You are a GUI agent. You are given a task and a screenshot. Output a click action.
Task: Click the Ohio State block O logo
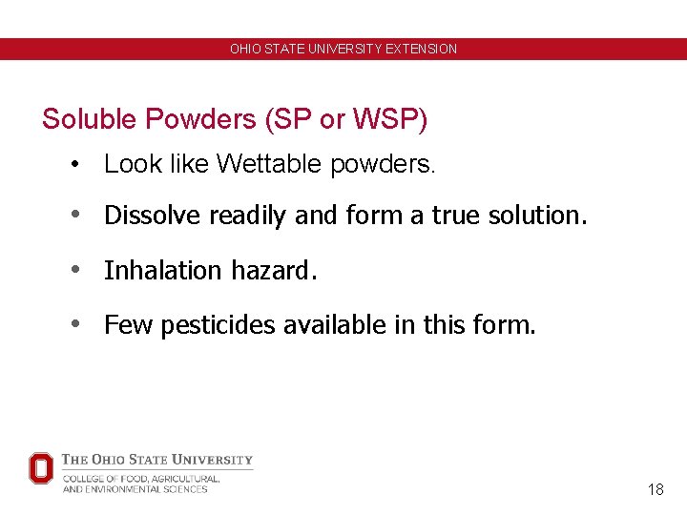[40, 468]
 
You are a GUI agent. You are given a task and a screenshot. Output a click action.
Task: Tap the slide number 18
[656, 490]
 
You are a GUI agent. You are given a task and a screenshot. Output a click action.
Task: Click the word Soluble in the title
[90, 119]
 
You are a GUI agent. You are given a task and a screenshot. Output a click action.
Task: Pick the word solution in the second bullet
[537, 216]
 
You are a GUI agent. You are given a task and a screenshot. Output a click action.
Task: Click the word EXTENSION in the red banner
[421, 49]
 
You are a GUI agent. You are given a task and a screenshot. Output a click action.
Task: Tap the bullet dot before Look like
[73, 165]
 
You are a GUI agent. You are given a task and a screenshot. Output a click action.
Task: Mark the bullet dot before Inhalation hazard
[73, 271]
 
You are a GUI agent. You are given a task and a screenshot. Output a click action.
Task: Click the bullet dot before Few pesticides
[73, 326]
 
